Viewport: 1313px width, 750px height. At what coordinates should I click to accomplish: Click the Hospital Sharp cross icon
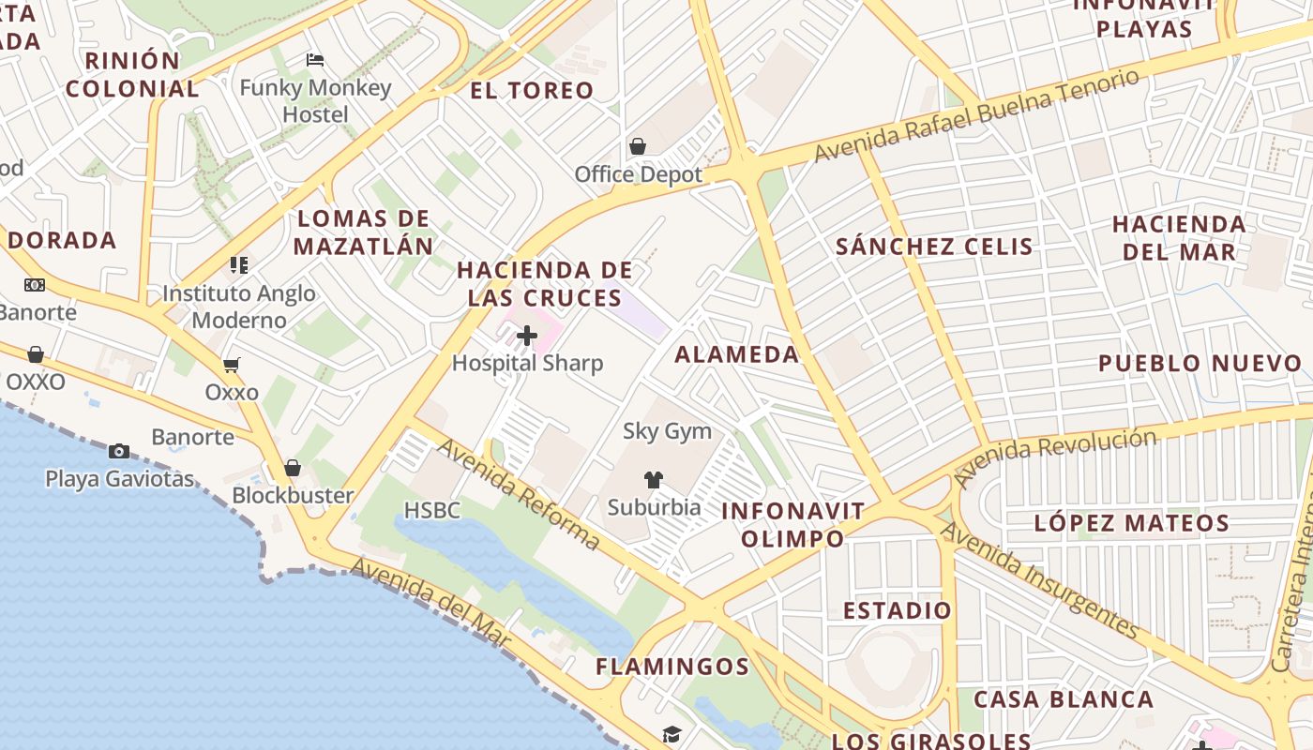pos(527,335)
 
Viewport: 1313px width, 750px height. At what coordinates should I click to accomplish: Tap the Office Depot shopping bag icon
pos(638,146)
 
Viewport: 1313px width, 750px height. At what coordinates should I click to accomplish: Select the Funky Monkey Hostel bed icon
pos(315,60)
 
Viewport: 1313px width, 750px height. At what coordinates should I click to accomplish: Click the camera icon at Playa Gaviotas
pos(119,451)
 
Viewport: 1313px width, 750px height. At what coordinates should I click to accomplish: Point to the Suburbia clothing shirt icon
pos(654,480)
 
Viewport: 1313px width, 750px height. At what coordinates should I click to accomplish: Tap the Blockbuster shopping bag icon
pos(293,468)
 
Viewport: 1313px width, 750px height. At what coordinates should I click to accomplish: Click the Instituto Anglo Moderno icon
pos(239,265)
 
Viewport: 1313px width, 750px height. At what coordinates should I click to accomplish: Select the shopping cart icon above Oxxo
pos(231,365)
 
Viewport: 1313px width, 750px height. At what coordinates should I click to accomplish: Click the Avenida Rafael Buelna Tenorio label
pos(978,114)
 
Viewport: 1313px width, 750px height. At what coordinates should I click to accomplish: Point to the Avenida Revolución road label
pos(1054,457)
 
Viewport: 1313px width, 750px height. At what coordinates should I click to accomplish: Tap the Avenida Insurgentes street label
pos(1039,580)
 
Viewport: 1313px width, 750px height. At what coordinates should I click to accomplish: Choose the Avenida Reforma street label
pos(518,494)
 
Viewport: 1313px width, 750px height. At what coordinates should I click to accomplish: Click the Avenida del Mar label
pos(430,604)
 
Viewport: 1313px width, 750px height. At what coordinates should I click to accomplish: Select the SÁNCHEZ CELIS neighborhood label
pos(934,247)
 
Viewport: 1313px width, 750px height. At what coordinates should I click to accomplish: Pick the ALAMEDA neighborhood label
pos(737,354)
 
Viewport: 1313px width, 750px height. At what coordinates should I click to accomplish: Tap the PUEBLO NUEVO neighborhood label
pos(1200,363)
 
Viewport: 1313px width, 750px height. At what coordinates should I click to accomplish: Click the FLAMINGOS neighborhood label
pos(672,667)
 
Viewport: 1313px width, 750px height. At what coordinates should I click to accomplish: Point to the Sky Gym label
pos(667,431)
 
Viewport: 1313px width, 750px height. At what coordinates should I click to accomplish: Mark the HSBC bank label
pos(432,510)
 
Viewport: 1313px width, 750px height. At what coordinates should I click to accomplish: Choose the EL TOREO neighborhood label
pos(532,90)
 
